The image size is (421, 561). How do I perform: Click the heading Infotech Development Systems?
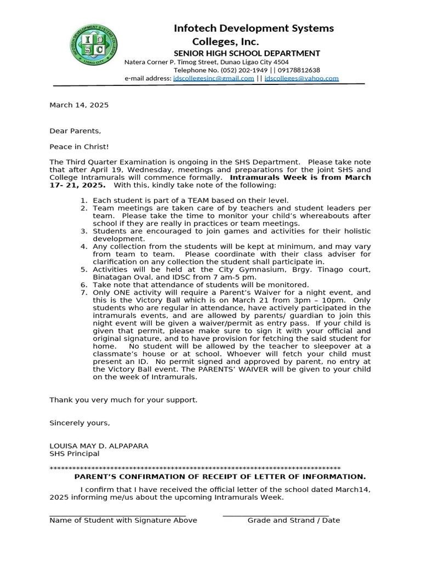(253, 28)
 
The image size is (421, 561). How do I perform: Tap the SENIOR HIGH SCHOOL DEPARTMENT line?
(247, 53)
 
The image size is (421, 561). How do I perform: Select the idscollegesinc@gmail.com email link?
(213, 78)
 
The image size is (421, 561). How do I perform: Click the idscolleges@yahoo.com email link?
(301, 78)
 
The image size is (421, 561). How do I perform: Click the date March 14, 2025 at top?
(79, 105)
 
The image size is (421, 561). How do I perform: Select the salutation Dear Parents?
(75, 131)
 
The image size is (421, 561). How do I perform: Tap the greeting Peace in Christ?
(79, 147)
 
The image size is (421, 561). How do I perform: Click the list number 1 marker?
(84, 201)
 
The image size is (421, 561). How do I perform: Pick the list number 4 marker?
(84, 247)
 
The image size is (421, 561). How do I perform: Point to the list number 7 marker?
(84, 293)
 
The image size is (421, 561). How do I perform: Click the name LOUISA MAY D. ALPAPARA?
(99, 446)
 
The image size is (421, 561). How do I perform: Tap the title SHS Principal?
(75, 454)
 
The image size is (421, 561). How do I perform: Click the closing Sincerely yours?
(79, 423)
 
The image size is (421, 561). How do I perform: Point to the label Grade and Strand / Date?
(293, 520)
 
